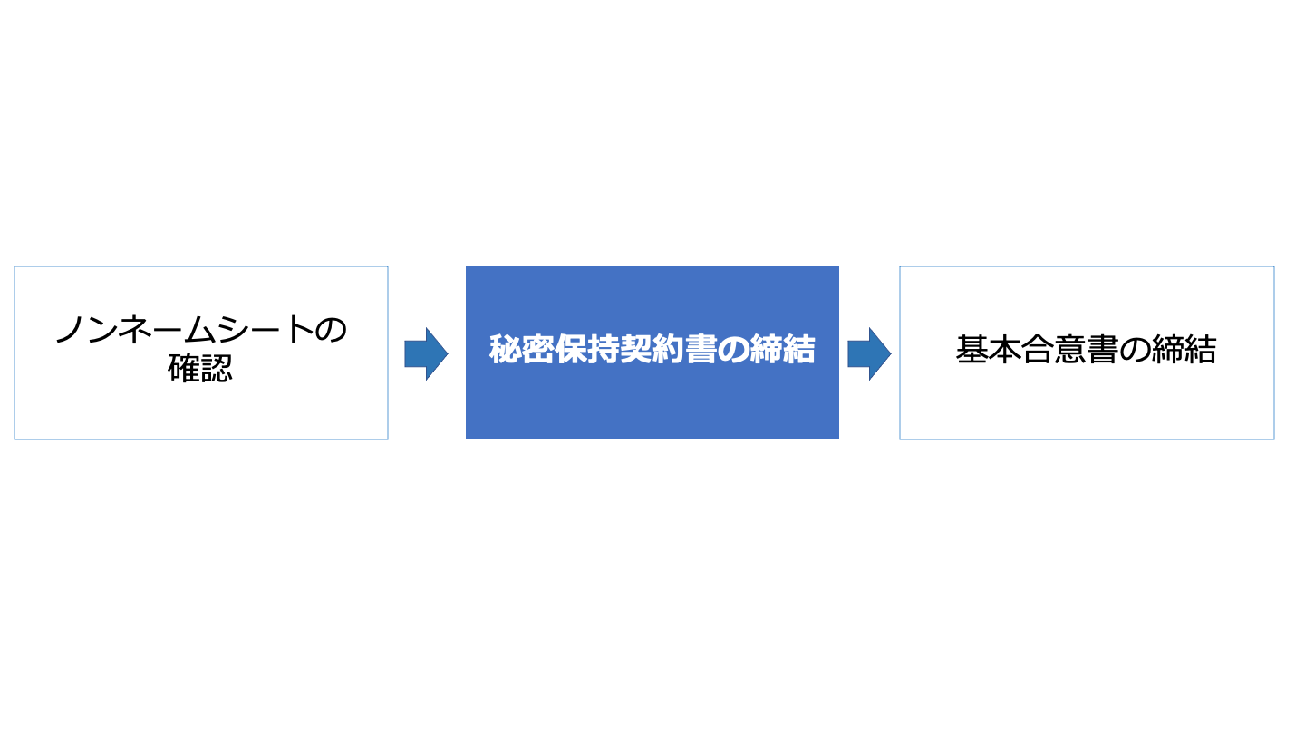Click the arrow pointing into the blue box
point(426,353)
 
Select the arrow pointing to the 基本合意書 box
point(869,353)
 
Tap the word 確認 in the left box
point(200,368)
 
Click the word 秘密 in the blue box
point(521,350)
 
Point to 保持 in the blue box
point(586,350)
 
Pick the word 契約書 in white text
point(668,350)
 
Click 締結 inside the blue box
point(782,350)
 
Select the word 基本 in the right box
point(989,350)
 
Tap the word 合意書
point(1070,350)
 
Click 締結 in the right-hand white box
point(1184,350)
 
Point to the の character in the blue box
point(733,350)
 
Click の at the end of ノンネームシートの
point(331,330)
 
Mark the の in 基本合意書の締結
point(1136,350)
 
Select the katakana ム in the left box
point(200,329)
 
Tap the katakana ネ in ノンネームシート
point(135,329)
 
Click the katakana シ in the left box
point(233,329)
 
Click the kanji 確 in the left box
point(184,368)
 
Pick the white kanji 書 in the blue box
point(701,350)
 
